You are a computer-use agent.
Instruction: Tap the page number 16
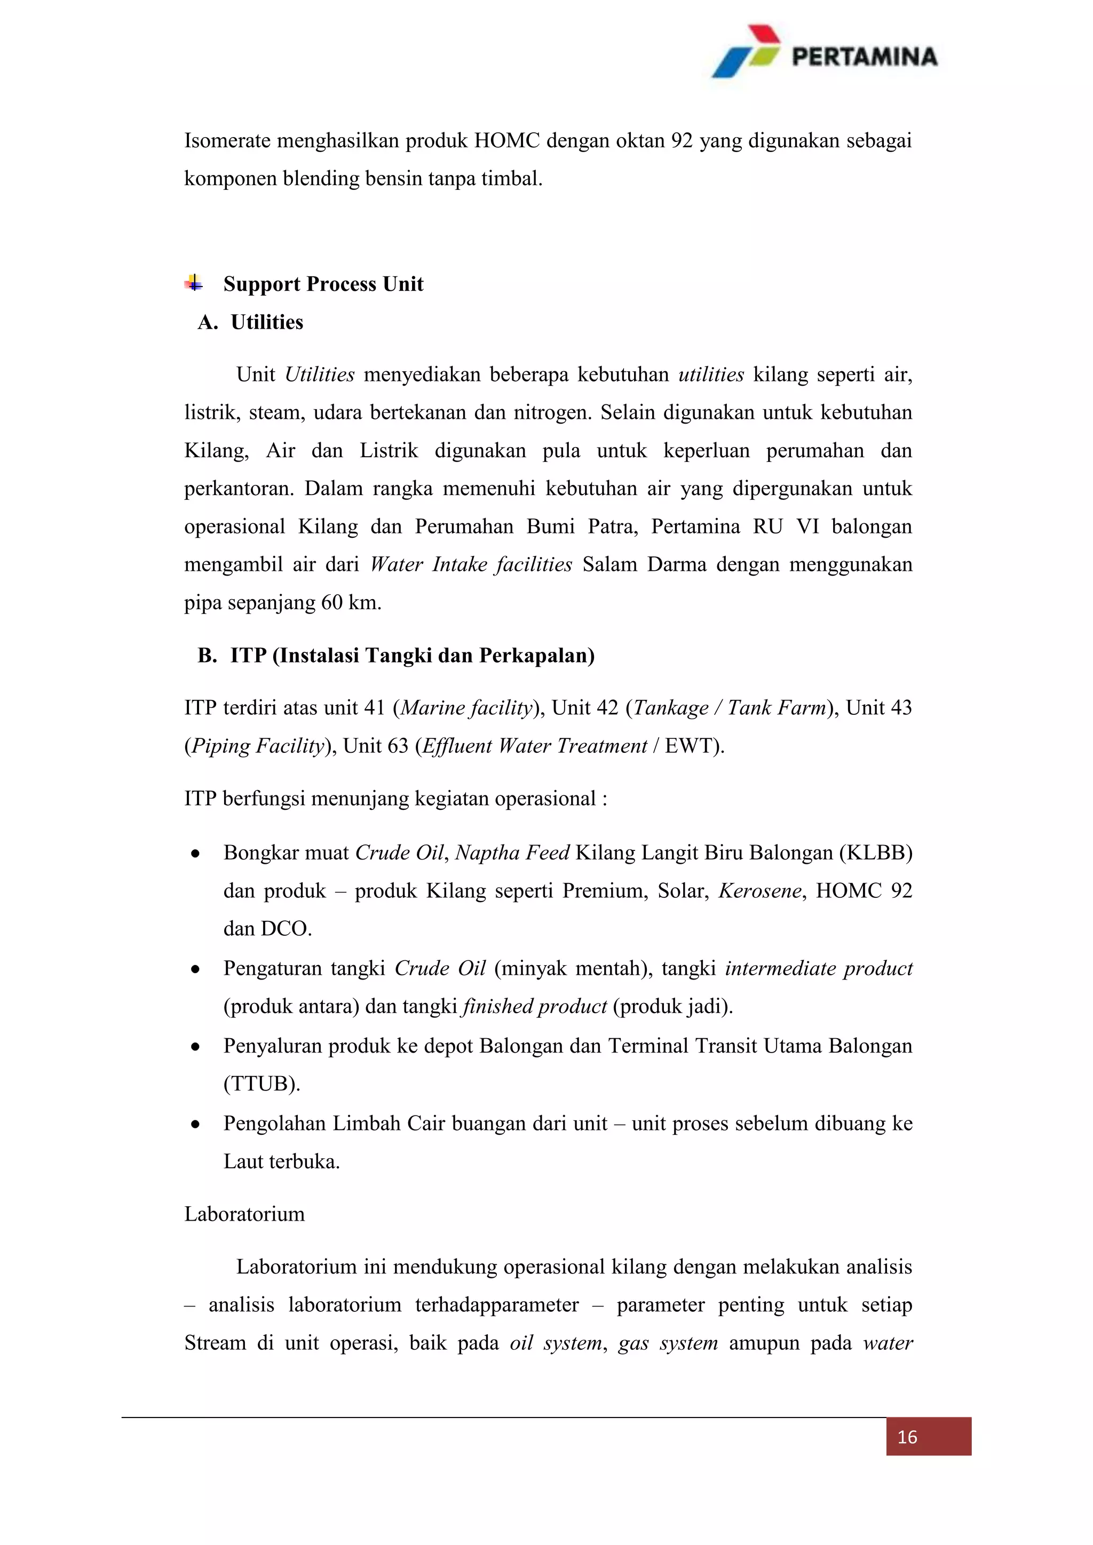tap(907, 1437)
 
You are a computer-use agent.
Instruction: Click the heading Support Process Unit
tap(323, 284)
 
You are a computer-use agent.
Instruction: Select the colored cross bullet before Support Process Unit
tap(194, 283)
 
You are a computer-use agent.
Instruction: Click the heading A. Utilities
tap(250, 322)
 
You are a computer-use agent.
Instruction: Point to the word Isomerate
tap(227, 141)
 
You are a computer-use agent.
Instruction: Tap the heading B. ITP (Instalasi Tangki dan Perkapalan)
tap(396, 656)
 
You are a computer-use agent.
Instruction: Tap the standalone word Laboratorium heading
tap(244, 1214)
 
